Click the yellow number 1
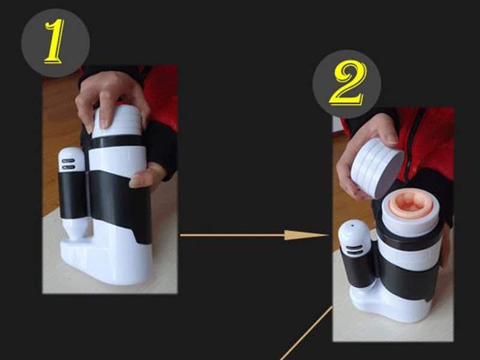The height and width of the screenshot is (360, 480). pyautogui.click(x=55, y=42)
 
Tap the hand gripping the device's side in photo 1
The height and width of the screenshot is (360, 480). pyautogui.click(x=147, y=177)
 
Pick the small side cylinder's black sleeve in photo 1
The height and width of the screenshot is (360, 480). pyautogui.click(x=73, y=194)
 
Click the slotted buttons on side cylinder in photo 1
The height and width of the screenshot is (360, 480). pyautogui.click(x=68, y=164)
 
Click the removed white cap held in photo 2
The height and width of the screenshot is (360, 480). pyautogui.click(x=377, y=168)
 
